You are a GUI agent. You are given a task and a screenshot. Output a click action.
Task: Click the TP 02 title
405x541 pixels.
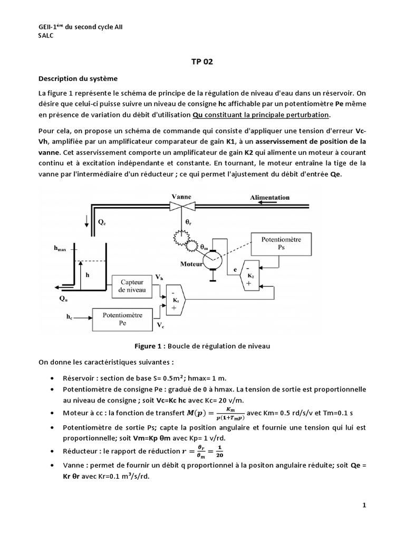click(x=202, y=61)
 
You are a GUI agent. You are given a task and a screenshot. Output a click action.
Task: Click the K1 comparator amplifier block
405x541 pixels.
click(x=174, y=301)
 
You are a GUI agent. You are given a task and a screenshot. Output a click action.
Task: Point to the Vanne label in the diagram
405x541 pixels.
click(x=181, y=197)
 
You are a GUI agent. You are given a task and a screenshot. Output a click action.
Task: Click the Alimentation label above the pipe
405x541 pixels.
click(x=271, y=198)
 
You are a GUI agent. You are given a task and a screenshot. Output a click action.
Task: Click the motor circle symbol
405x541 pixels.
click(x=214, y=257)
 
